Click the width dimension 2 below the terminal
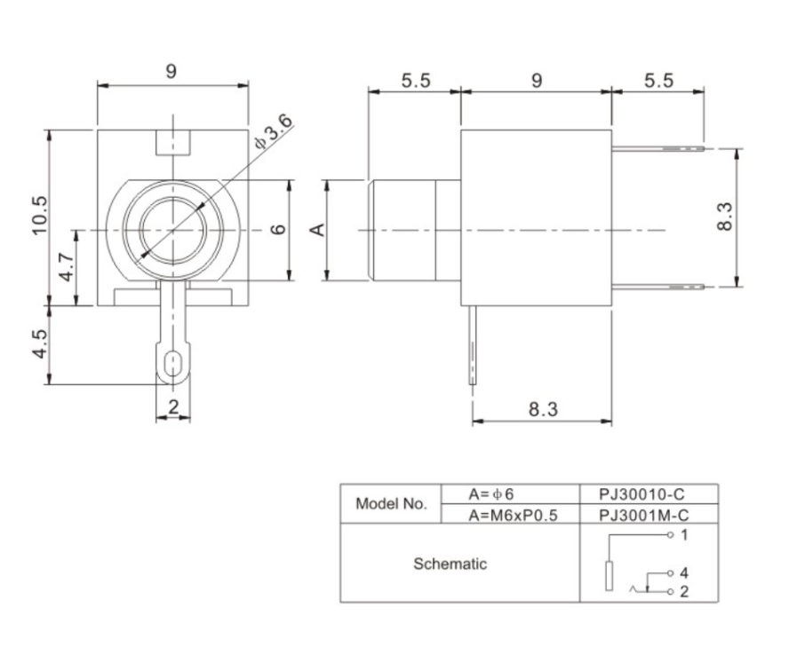pyautogui.click(x=173, y=406)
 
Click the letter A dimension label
pyautogui.click(x=316, y=230)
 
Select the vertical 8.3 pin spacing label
pyautogui.click(x=724, y=217)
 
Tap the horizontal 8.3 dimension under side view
pyautogui.click(x=543, y=409)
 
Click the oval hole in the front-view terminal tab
pyautogui.click(x=173, y=364)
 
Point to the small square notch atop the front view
pyautogui.click(x=173, y=142)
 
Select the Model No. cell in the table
pyautogui.click(x=391, y=503)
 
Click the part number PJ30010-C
pyautogui.click(x=647, y=493)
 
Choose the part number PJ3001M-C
pyautogui.click(x=647, y=514)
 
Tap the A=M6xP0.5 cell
pyautogui.click(x=512, y=514)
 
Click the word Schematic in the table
pyautogui.click(x=450, y=564)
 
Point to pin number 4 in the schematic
pyautogui.click(x=683, y=573)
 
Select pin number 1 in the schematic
pyautogui.click(x=683, y=535)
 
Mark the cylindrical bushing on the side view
pyautogui.click(x=413, y=230)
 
